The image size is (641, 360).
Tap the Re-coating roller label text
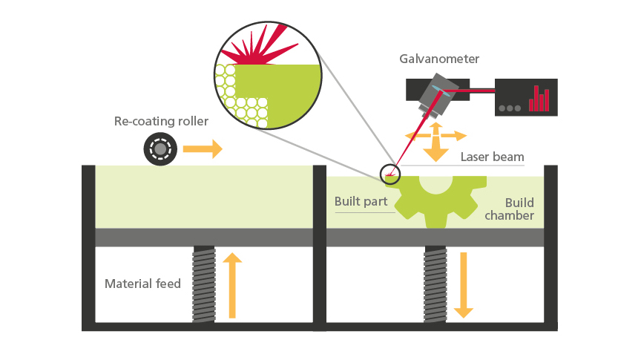161,121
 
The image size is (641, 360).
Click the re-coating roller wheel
160,149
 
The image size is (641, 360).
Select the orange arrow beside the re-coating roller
202,149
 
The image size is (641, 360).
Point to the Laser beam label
492,157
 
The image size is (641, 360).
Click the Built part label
361,201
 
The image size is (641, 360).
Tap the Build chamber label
519,209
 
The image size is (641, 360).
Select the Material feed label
142,284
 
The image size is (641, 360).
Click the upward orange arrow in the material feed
232,285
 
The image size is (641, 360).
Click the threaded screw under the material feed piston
203,284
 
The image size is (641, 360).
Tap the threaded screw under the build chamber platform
435,284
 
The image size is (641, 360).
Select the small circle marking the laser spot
389,174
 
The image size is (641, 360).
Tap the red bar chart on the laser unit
539,97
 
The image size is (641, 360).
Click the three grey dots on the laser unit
510,108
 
